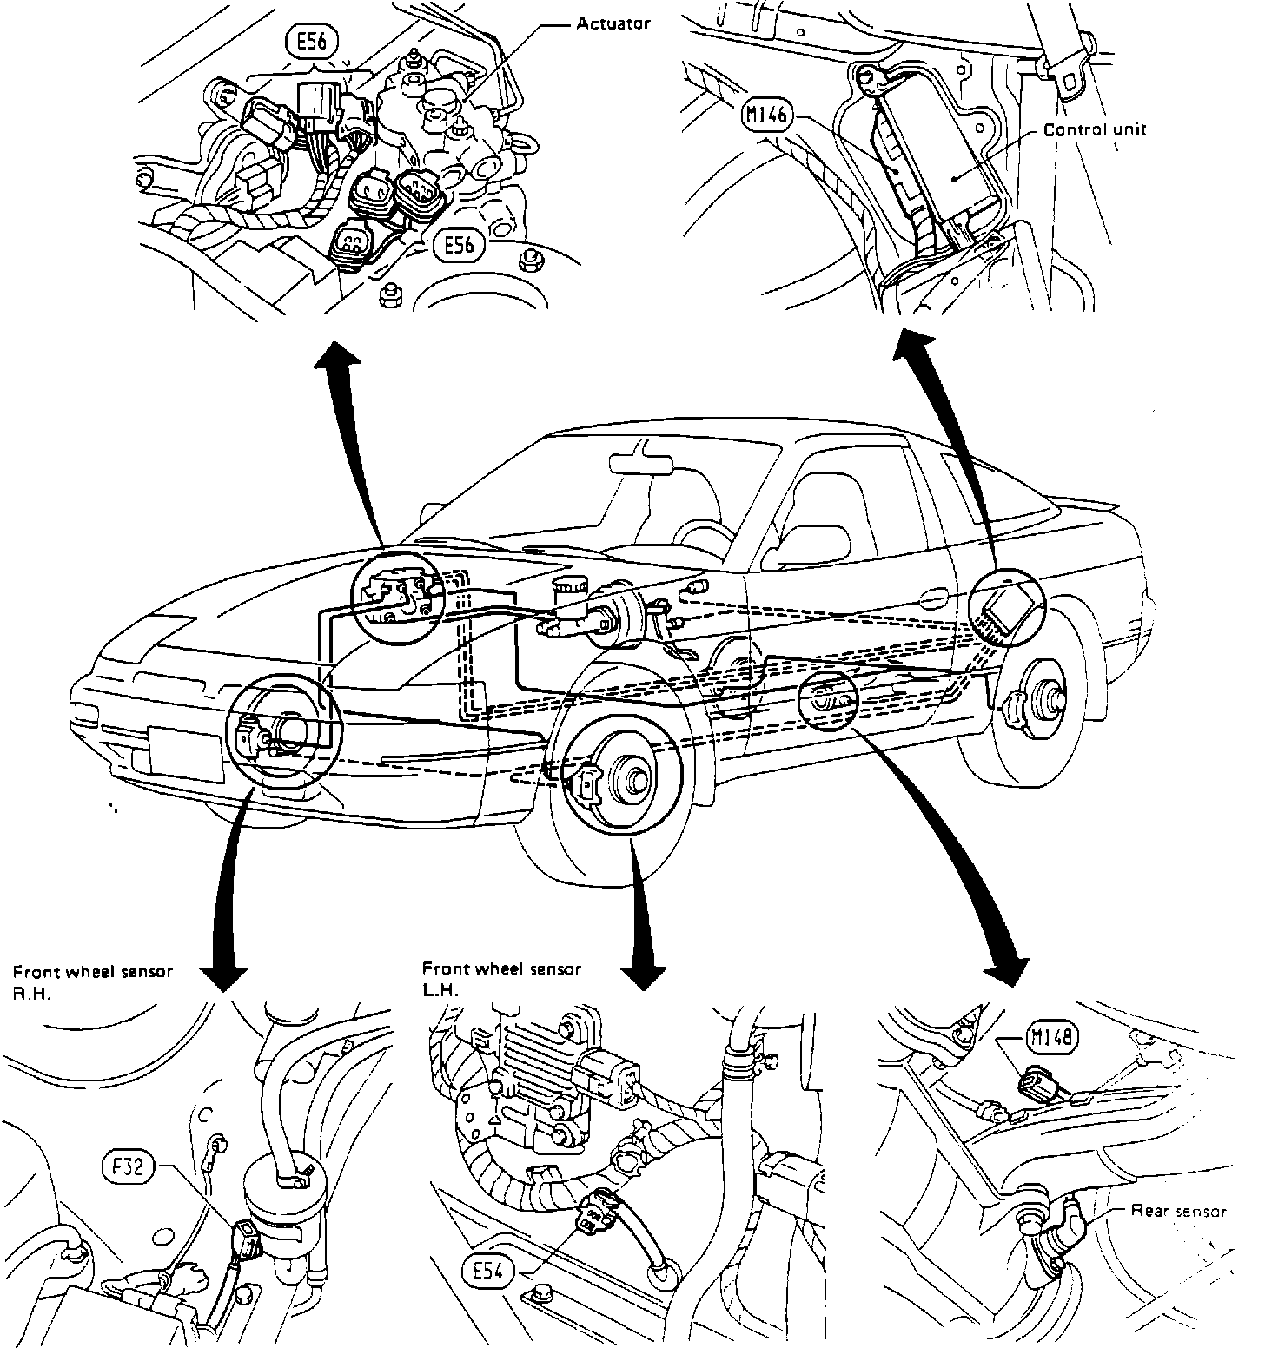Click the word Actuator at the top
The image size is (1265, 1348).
click(613, 23)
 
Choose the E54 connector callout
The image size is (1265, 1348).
click(489, 1272)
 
